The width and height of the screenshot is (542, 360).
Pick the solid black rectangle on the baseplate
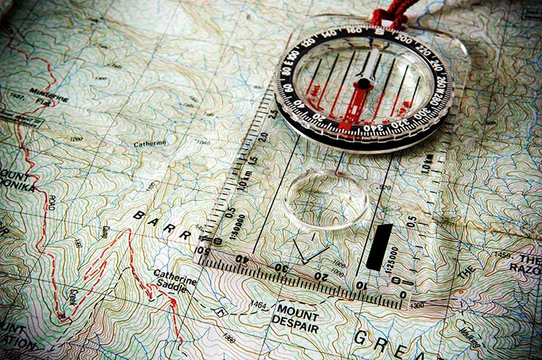(x=379, y=247)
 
